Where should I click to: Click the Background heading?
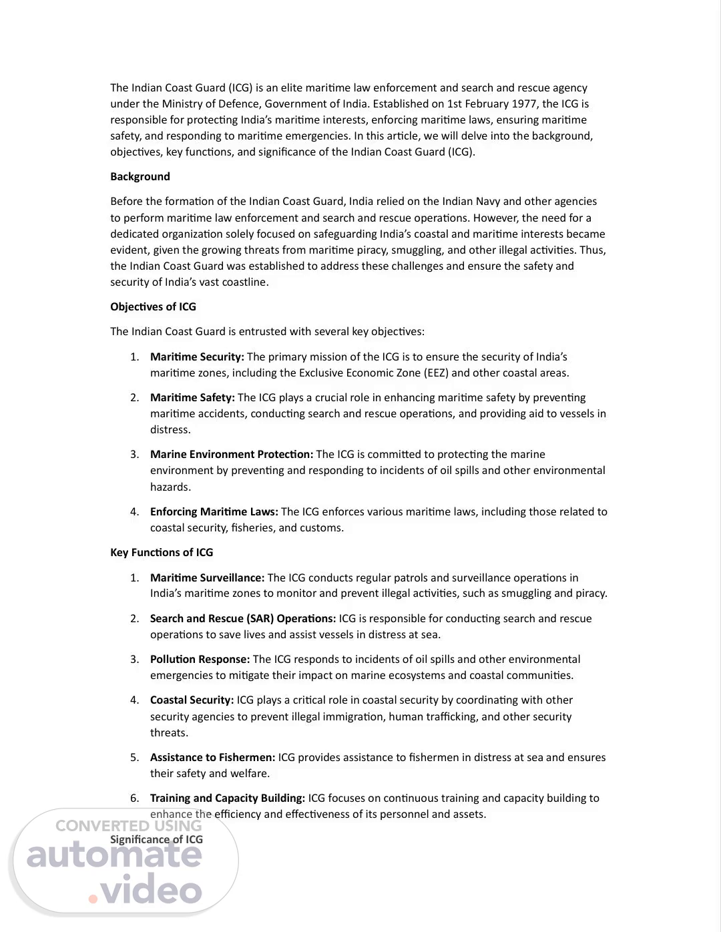click(140, 177)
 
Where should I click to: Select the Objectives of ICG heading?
click(153, 307)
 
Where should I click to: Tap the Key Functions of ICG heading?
click(162, 553)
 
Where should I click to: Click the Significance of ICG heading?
click(156, 840)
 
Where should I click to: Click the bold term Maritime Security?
click(197, 357)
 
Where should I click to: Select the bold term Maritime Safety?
click(192, 398)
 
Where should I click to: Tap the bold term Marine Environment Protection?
click(231, 455)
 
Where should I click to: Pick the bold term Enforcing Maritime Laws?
click(214, 512)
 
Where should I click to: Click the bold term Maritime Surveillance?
click(207, 578)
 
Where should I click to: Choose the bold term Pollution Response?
click(200, 660)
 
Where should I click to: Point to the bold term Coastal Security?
click(192, 700)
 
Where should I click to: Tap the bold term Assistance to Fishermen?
click(212, 758)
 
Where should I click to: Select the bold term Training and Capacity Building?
click(227, 798)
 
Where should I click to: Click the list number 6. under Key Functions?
click(134, 798)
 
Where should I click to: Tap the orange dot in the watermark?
click(93, 899)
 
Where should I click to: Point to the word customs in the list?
click(323, 528)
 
